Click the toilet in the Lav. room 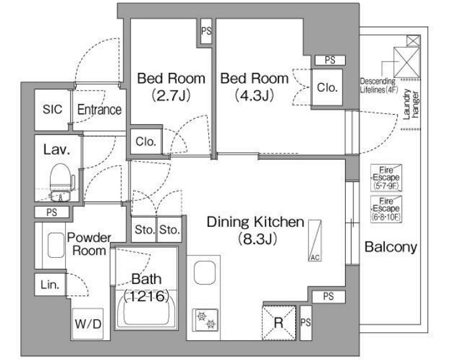click(61, 182)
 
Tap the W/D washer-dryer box click(87, 324)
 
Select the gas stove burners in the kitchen click(205, 319)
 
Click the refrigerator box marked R click(279, 323)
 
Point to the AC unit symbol click(315, 240)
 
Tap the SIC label click(53, 109)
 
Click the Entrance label click(99, 110)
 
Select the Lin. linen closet click(50, 285)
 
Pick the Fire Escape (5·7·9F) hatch click(386, 178)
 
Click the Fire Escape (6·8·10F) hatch click(386, 209)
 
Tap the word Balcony click(391, 247)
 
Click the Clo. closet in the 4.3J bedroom click(327, 87)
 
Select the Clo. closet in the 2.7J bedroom click(146, 141)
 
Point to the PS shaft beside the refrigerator click(306, 323)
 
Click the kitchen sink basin click(205, 273)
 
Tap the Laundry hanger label click(411, 105)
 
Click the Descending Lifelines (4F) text click(379, 86)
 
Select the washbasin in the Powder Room click(56, 245)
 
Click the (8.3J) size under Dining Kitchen click(258, 239)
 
